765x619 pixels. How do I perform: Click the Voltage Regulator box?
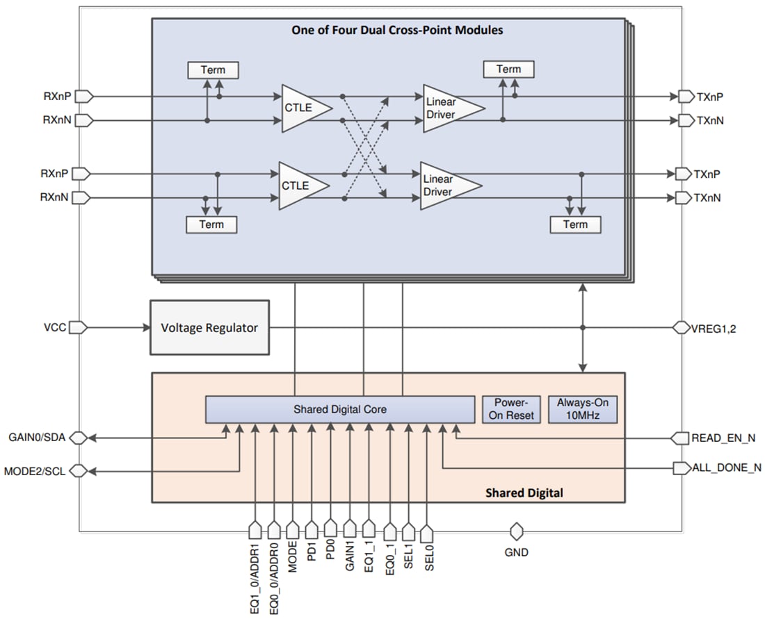tap(209, 327)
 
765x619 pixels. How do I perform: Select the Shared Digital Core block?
tap(339, 409)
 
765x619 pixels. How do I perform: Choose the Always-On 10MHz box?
tap(583, 409)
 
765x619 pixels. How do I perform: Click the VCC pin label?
tap(55, 327)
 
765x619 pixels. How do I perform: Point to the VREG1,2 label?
tap(715, 328)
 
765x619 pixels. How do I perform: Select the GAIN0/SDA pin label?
tap(37, 438)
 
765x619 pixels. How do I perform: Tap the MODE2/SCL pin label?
tap(35, 471)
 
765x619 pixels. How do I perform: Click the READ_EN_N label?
tap(723, 438)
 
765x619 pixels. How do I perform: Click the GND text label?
tap(516, 553)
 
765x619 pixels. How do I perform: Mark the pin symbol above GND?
tap(516, 532)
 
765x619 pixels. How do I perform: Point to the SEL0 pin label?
tap(428, 557)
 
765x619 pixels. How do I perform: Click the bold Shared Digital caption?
tap(524, 493)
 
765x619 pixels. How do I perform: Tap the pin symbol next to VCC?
tap(79, 327)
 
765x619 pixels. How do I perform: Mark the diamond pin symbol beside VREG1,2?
tap(681, 328)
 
